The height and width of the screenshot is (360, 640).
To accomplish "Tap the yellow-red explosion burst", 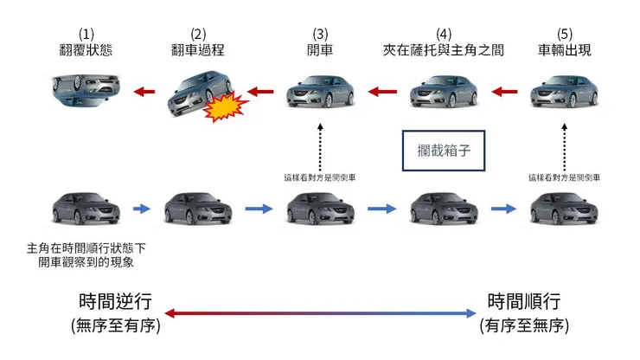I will [224, 106].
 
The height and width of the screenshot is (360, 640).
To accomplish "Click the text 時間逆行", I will [115, 302].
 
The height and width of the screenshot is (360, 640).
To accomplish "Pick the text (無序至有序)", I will [115, 327].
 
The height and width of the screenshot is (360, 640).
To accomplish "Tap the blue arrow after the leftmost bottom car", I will [142, 209].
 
